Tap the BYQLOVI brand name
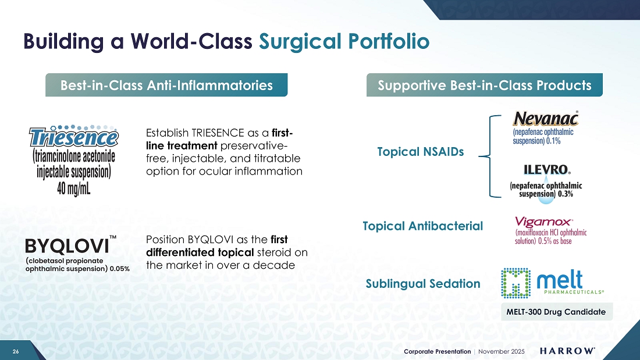coord(67,246)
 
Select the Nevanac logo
coord(546,119)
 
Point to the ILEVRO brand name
coord(546,169)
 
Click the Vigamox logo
coord(543,222)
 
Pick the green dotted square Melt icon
coord(516,283)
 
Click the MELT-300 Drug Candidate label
coord(556,312)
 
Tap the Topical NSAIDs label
coord(421,152)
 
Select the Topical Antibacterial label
coord(422,226)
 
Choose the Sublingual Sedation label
coord(423,284)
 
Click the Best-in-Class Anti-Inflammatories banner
coord(166,85)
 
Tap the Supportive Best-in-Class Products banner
coord(485,85)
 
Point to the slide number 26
coord(16,351)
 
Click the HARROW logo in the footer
coord(567,351)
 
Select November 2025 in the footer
coord(501,351)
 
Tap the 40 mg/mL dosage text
coord(74,188)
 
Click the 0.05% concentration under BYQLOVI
coord(120,269)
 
